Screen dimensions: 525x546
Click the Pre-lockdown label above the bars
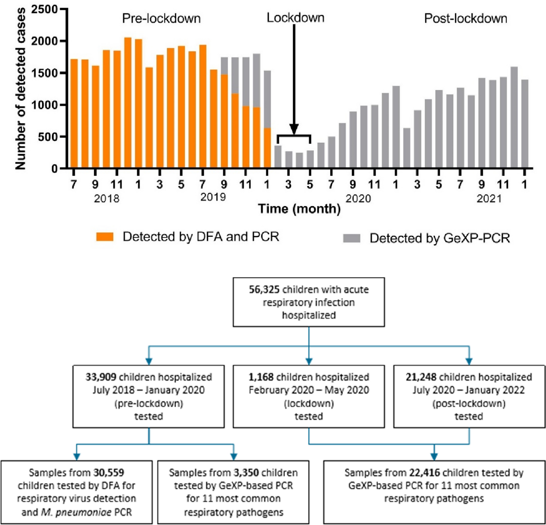(161, 18)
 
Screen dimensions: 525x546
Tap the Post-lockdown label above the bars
(465, 18)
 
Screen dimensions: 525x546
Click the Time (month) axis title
(299, 208)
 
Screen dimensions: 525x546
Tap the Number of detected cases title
(20, 89)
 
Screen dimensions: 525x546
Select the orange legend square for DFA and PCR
(105, 237)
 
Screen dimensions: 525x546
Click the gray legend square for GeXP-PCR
(352, 238)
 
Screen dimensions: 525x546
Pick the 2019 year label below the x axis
(213, 197)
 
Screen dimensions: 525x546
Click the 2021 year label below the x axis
(489, 198)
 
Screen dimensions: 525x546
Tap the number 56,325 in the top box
(264, 289)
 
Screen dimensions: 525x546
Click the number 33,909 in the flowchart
(101, 377)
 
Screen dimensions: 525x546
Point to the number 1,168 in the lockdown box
(261, 377)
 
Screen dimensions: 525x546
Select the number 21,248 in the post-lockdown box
(421, 377)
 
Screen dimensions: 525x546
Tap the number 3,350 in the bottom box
(246, 473)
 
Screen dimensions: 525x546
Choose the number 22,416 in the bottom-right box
(425, 473)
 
